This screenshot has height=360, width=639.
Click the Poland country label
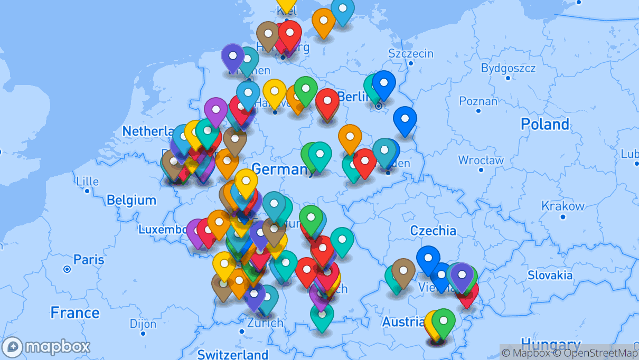click(x=544, y=125)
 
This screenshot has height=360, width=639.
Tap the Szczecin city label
click(x=410, y=53)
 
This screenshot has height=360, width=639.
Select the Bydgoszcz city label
click(x=508, y=68)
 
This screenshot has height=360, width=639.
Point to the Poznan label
click(x=478, y=101)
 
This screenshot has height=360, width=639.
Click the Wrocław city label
click(x=481, y=160)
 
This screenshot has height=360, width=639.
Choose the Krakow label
click(x=562, y=206)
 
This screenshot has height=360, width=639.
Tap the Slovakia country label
click(x=550, y=275)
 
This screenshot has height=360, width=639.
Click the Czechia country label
click(x=433, y=230)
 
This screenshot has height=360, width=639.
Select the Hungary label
click(x=550, y=344)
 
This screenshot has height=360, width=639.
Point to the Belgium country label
click(x=131, y=200)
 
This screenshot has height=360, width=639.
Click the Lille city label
click(x=87, y=181)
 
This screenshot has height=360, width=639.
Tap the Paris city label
click(x=89, y=260)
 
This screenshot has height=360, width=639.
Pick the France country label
click(x=74, y=313)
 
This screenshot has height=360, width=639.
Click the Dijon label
click(x=143, y=323)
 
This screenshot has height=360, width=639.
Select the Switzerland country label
click(x=232, y=354)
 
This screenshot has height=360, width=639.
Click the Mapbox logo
click(x=46, y=347)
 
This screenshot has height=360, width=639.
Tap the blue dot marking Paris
click(x=67, y=269)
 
